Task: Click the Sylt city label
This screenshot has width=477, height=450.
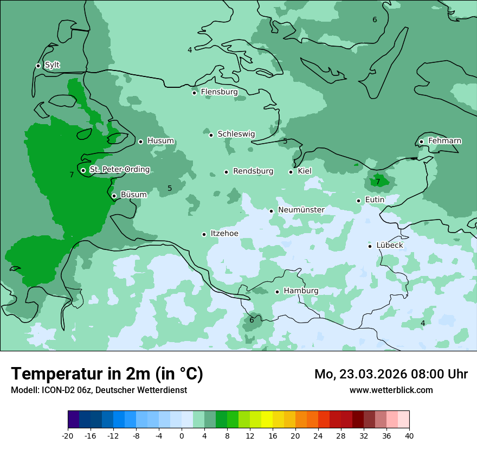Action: point(52,65)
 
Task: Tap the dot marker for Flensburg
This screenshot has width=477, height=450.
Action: point(194,93)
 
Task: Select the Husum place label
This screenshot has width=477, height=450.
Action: point(160,141)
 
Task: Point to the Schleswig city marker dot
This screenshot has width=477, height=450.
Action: point(211,135)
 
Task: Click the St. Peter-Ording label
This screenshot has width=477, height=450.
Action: point(119,170)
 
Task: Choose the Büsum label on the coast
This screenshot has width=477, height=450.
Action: point(133,195)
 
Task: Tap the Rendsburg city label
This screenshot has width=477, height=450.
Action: point(253,171)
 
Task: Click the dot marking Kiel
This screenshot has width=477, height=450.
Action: point(291,172)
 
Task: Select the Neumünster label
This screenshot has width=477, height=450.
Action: point(301,210)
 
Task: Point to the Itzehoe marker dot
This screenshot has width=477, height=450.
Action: point(204,234)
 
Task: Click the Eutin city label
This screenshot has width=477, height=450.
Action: point(375,200)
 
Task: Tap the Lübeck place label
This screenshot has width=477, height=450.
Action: point(390,245)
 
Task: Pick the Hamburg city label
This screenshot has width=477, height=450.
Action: point(301,291)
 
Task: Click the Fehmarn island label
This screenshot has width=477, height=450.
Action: point(444,141)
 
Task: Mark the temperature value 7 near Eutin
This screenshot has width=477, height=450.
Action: point(378,182)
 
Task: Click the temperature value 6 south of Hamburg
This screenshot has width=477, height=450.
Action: point(252,320)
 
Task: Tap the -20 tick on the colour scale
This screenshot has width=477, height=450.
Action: point(68,435)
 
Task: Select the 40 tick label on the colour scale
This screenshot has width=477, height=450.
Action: point(409,435)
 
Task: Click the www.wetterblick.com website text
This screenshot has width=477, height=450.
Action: point(391,390)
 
